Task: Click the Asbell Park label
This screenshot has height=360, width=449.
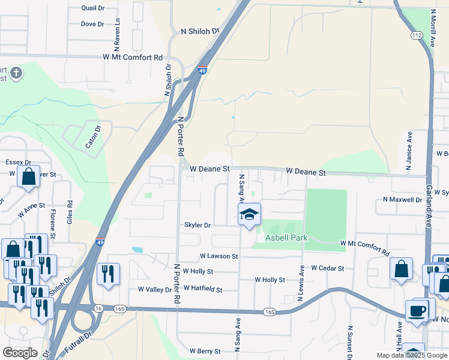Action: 287,238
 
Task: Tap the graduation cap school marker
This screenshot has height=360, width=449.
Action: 249,214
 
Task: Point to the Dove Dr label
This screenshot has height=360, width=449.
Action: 92,25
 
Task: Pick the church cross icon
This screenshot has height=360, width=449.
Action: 16,73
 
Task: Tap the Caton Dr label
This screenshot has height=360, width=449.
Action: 92,135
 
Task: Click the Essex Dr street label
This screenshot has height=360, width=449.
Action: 18,163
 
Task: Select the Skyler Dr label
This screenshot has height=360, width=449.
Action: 198,226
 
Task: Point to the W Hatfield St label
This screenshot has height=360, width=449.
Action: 203,289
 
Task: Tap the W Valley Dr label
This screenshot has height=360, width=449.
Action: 155,289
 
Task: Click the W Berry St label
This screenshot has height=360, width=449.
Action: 206,351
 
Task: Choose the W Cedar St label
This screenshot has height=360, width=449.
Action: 327,269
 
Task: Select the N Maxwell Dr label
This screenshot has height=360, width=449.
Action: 402,199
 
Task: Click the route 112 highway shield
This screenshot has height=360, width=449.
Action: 417,36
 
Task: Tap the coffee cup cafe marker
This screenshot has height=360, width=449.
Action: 417,311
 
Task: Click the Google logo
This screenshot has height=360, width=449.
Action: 20,353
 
